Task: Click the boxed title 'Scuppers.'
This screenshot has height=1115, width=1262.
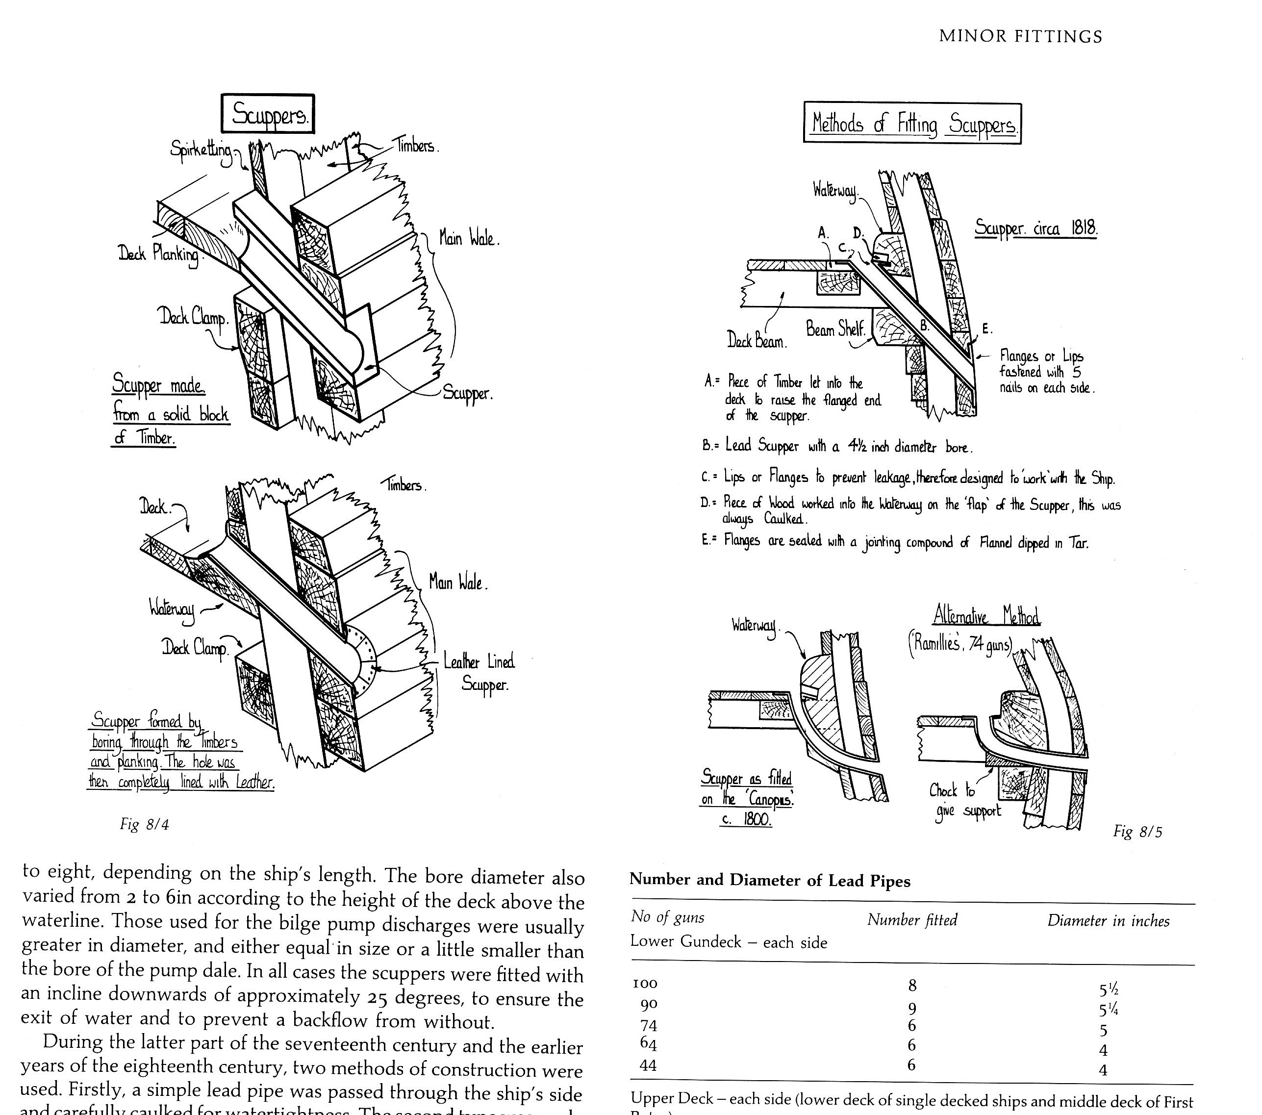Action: coord(268,114)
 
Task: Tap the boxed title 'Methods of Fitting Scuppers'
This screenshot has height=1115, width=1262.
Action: coord(912,124)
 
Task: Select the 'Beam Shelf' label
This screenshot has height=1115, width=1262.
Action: coord(835,329)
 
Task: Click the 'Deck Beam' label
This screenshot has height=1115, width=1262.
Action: coord(757,340)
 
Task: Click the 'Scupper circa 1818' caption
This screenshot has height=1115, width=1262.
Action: coord(1035,228)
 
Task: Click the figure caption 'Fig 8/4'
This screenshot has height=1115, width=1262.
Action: coord(145,824)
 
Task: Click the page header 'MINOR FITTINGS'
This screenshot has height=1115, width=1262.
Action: coord(1020,36)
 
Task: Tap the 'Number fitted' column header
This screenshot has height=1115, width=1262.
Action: coord(912,920)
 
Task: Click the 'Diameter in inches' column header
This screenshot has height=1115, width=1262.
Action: coord(1108,921)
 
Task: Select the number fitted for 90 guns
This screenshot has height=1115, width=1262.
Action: coord(912,1008)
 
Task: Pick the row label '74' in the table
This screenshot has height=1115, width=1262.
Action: coord(648,1025)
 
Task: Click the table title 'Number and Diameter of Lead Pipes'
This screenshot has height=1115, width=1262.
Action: coord(769,881)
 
